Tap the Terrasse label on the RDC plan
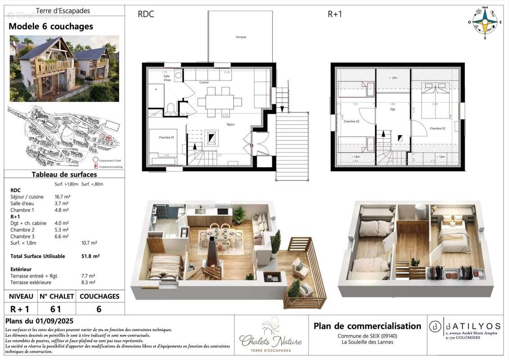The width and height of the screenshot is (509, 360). (x=241, y=37)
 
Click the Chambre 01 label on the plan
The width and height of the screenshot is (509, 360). (x=166, y=137)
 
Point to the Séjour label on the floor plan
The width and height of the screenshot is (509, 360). (x=230, y=124)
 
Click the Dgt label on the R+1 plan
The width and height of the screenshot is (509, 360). (x=392, y=109)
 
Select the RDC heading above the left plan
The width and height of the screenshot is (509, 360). (x=146, y=14)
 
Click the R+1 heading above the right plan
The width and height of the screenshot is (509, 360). (x=335, y=14)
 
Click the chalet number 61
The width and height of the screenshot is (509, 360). (x=56, y=309)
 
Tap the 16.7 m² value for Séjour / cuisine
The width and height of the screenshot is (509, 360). (x=62, y=197)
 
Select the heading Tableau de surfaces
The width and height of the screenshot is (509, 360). (x=64, y=175)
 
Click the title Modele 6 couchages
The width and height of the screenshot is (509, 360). (x=51, y=27)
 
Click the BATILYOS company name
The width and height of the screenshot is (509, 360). (x=472, y=326)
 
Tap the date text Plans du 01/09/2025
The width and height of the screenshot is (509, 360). (x=39, y=321)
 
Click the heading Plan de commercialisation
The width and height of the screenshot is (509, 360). (x=367, y=326)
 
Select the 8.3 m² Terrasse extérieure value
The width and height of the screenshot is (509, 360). (x=89, y=282)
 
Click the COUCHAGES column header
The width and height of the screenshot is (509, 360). (x=99, y=296)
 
